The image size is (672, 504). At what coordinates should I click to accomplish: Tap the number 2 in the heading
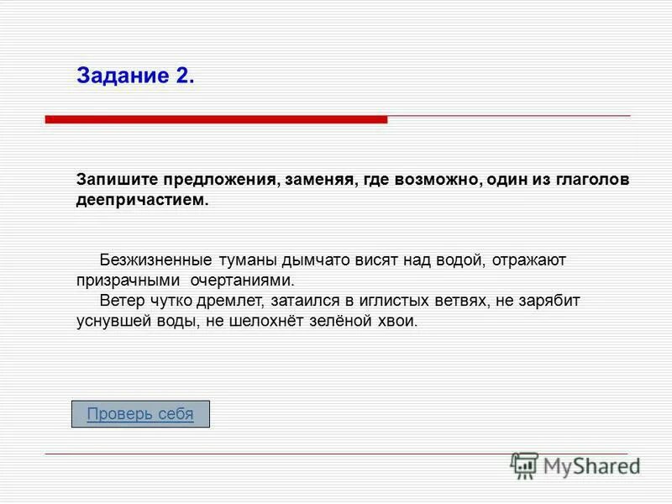click(x=186, y=76)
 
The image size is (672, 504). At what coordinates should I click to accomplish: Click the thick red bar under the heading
click(x=216, y=120)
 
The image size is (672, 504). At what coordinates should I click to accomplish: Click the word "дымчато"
click(x=314, y=260)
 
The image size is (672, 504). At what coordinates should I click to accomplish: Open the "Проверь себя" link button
click(x=140, y=414)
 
